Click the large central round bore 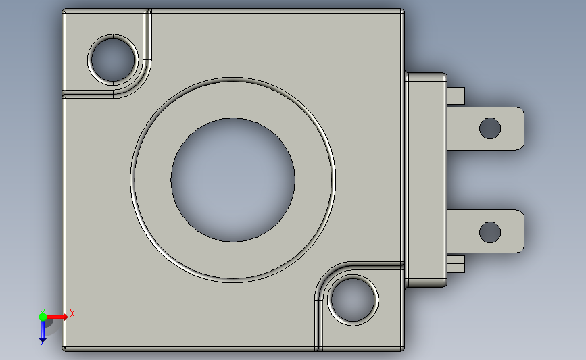tap(233, 180)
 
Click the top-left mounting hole tap(113, 59)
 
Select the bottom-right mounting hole tap(353, 299)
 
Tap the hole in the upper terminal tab tap(490, 128)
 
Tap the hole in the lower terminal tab tap(490, 232)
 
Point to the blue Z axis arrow tap(43, 331)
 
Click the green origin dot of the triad tap(43, 317)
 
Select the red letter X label tap(72, 313)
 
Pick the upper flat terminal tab tap(486, 128)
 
